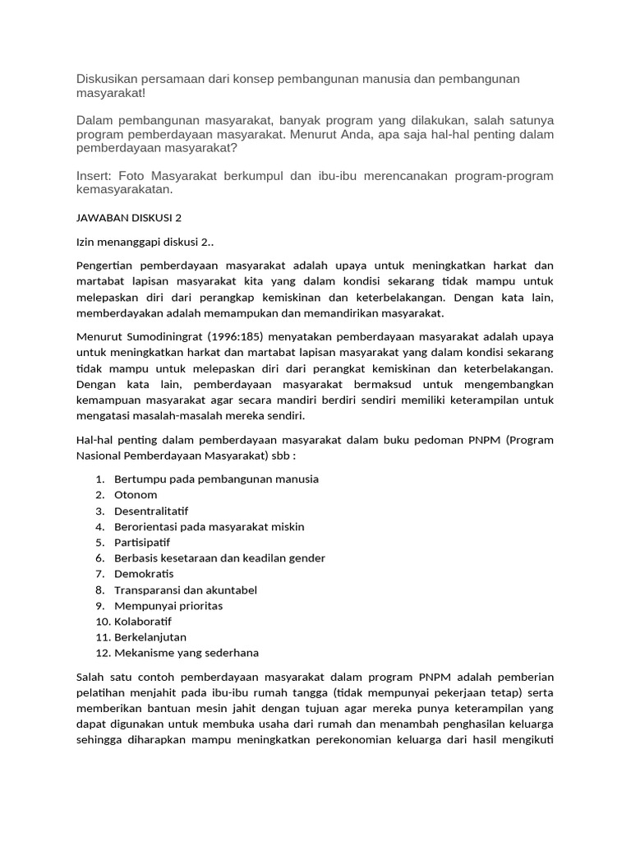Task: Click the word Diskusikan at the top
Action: (x=109, y=78)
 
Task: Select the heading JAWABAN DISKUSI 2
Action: (x=128, y=217)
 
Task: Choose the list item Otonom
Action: (x=136, y=495)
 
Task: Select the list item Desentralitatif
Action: (x=151, y=511)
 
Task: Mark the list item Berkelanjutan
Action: (x=150, y=636)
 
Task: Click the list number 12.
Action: (x=102, y=653)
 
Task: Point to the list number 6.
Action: (x=99, y=558)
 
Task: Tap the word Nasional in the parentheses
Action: (x=100, y=456)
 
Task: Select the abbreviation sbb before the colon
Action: (x=271, y=456)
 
